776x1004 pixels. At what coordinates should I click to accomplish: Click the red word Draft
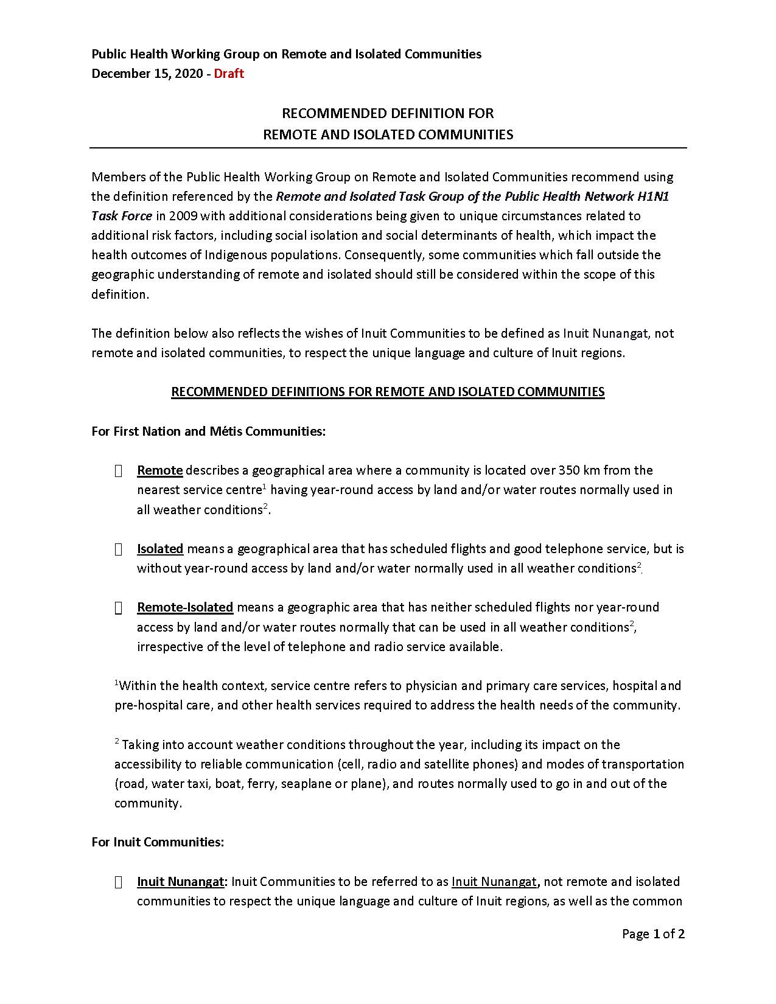229,74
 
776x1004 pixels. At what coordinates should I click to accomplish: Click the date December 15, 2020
147,74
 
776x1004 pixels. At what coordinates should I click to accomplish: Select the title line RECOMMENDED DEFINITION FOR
388,113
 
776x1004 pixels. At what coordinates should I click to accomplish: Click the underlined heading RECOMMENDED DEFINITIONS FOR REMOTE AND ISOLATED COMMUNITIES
388,391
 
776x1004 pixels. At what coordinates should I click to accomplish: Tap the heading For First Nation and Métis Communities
209,431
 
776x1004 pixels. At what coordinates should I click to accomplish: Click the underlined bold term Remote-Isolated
185,607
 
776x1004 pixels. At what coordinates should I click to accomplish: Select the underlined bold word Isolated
160,548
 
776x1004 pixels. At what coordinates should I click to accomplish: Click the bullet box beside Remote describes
119,470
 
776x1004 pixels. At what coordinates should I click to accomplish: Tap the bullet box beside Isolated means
119,549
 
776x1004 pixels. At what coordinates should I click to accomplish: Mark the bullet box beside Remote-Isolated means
119,607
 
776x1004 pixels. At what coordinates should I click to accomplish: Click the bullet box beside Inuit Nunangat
119,882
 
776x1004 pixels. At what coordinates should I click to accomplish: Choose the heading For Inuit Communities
158,842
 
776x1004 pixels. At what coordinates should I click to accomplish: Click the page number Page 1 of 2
653,933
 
